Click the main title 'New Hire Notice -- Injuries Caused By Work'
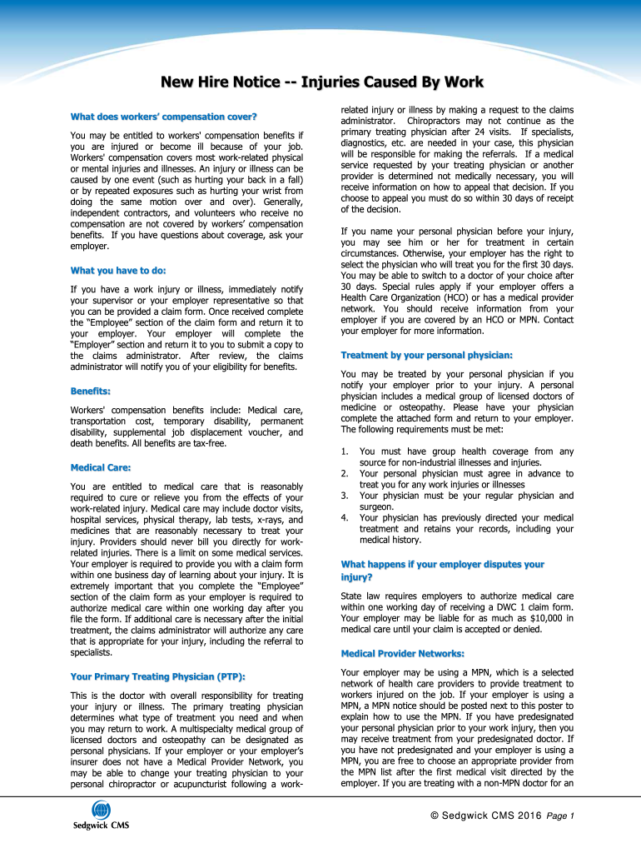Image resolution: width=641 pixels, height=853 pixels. pos(321,82)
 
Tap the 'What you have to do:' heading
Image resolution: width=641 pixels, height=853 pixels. pos(118,270)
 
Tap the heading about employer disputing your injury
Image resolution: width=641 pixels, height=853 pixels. pos(442,571)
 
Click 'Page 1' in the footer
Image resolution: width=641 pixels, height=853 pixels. pos(561,815)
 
